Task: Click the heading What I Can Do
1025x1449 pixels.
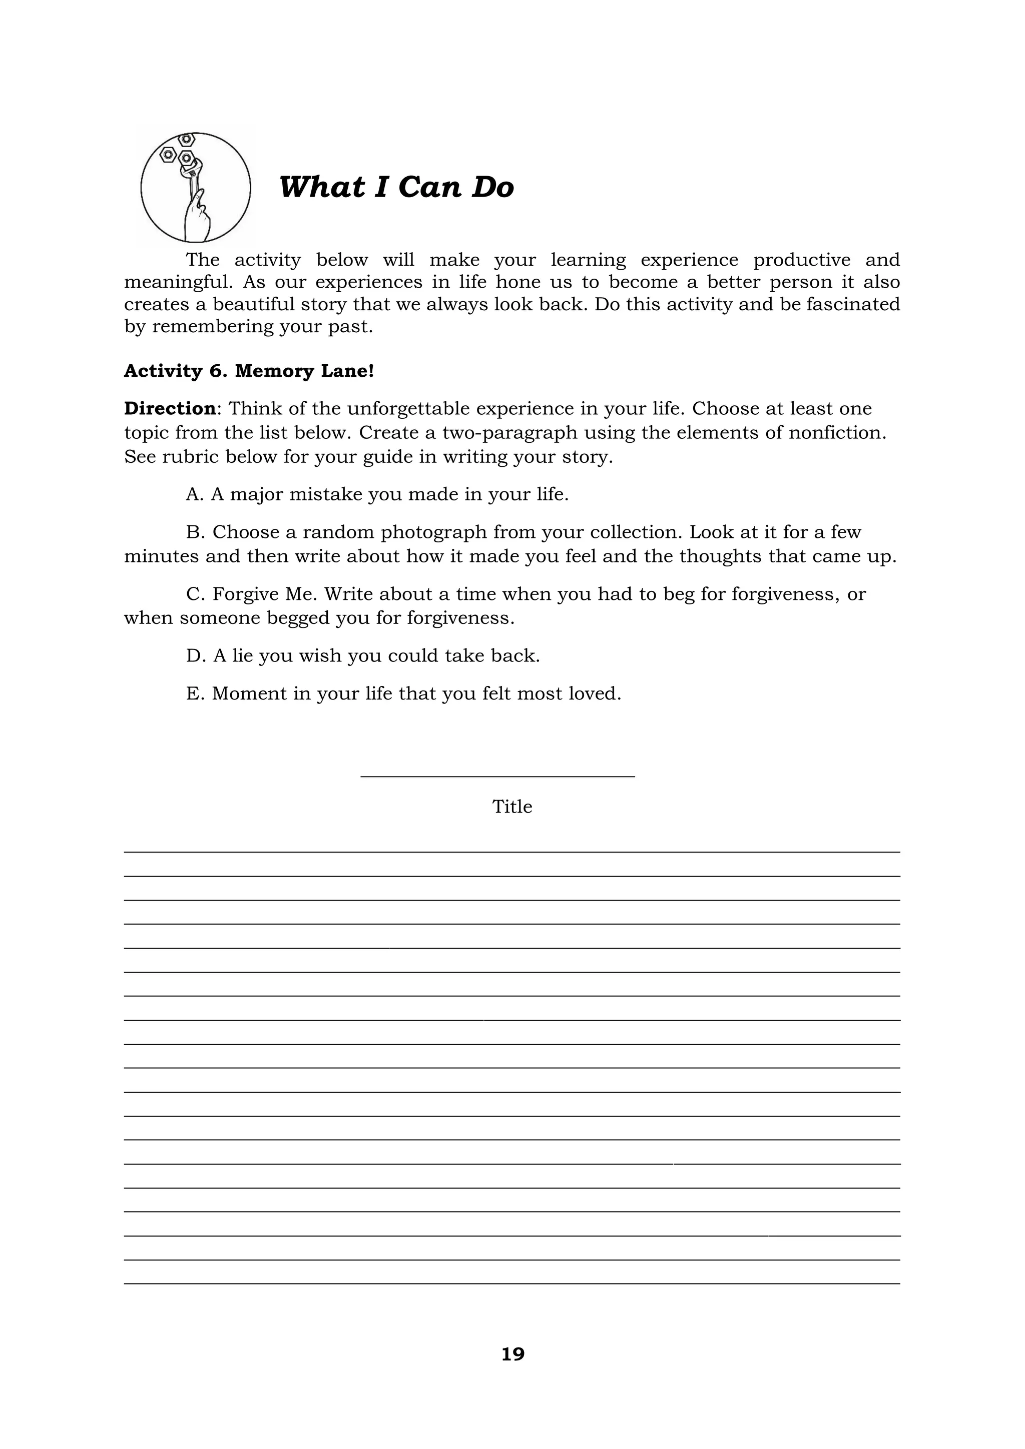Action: tap(396, 188)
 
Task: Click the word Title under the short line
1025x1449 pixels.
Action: tap(512, 807)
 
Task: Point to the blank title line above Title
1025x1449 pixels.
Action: tap(497, 776)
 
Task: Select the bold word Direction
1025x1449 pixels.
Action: tap(169, 408)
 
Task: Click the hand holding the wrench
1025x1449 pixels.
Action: tap(198, 218)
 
